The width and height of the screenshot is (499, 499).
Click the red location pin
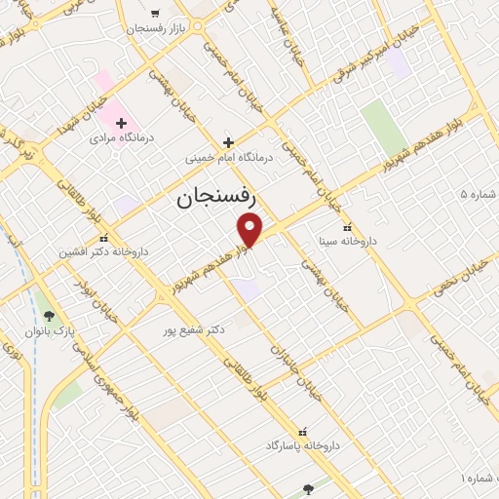pos(250,229)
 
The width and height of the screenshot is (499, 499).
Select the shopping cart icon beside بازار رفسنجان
pos(156,14)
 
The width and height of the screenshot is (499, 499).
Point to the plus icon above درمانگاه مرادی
pos(122,123)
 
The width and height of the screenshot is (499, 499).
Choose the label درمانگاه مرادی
pos(116,138)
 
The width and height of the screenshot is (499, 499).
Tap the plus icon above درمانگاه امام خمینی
pos(228,141)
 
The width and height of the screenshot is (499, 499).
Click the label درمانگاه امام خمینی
pos(231,156)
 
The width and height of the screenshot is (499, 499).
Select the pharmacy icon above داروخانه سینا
pos(347,227)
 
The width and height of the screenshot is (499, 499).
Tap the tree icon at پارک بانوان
pos(49,315)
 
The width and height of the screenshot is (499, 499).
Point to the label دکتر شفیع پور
pos(194,329)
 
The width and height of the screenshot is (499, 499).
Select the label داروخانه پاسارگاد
pos(302,445)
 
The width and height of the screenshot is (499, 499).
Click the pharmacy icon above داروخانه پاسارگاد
pos(302,431)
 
